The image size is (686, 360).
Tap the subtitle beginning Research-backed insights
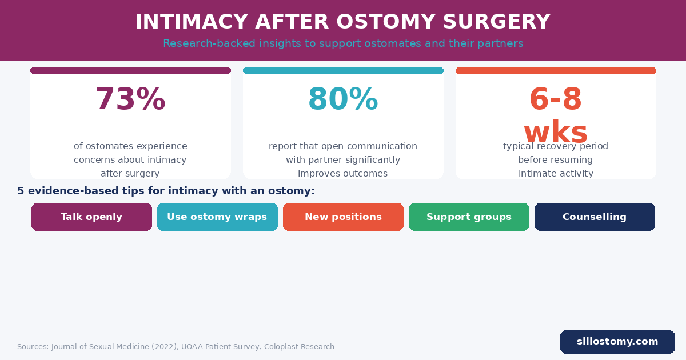tap(343, 43)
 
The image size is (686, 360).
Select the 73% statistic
tap(130, 99)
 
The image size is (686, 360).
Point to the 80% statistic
tap(343, 99)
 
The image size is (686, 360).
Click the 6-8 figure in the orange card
tap(556, 99)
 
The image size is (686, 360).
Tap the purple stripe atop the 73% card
tap(130, 71)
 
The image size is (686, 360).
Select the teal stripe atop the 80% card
tap(343, 71)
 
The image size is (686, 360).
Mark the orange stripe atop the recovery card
tap(556, 71)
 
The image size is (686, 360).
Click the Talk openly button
tap(91, 217)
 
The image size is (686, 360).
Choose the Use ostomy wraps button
tap(217, 217)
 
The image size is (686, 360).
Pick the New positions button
tap(343, 217)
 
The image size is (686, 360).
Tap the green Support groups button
tap(469, 217)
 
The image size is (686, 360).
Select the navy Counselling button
tap(595, 217)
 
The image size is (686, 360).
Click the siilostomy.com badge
tap(617, 342)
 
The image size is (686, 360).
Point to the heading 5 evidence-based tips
tap(166, 191)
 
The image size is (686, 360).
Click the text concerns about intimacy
tap(130, 160)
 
